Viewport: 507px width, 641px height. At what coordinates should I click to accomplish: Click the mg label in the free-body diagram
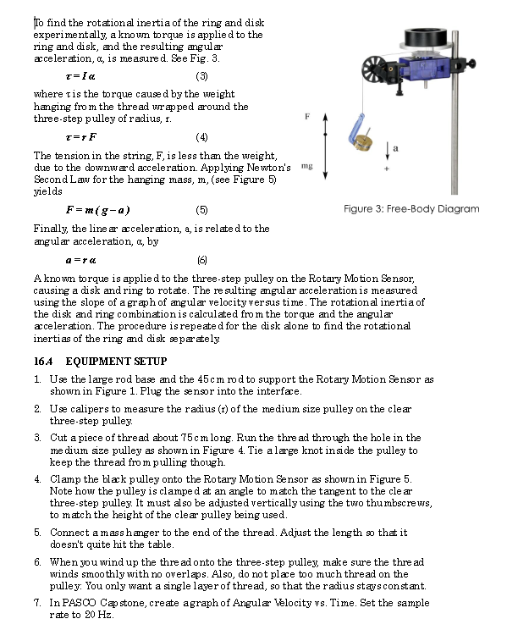pos(307,167)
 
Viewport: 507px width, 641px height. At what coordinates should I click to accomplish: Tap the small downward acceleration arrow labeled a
pos(388,151)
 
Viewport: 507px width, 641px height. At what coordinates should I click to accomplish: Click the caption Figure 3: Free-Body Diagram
pos(411,208)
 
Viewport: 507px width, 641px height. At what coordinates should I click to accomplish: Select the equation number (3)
pos(201,76)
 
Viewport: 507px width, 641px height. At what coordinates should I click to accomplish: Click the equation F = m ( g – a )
pos(97,209)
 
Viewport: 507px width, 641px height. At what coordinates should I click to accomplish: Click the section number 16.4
pos(44,362)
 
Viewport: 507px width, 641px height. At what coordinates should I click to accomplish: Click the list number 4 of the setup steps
pos(38,478)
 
